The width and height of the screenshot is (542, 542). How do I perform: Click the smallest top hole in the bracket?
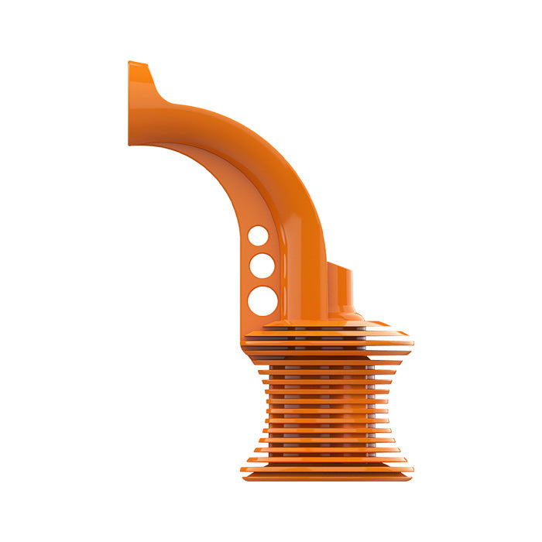tap(259, 235)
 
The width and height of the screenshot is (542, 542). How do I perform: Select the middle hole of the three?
tap(262, 266)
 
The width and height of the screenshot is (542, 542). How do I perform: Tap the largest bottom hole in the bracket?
tap(262, 300)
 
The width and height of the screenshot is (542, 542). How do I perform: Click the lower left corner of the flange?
tap(130, 143)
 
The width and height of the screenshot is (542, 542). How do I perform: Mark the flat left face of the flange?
tap(130, 104)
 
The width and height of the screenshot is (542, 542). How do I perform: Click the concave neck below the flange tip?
tap(160, 91)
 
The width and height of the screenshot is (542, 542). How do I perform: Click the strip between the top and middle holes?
tap(260, 249)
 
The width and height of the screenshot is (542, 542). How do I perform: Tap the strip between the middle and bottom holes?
tap(262, 282)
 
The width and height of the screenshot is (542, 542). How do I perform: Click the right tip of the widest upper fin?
tap(412, 341)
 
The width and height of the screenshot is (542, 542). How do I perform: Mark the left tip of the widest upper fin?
tap(243, 340)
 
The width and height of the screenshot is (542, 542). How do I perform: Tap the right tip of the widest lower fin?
tap(412, 468)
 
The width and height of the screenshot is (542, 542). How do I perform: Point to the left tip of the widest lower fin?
tap(242, 468)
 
